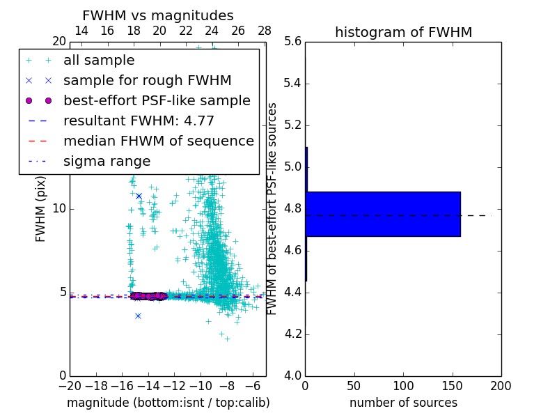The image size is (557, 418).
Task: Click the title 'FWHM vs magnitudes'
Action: (157, 15)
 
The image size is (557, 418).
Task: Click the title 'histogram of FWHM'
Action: (403, 32)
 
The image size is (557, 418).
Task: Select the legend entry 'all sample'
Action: (99, 61)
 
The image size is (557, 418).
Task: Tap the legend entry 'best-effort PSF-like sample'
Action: (157, 100)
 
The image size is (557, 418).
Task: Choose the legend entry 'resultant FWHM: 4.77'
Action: (139, 121)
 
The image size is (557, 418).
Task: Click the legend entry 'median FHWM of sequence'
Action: (158, 141)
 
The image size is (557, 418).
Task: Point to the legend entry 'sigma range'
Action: (107, 161)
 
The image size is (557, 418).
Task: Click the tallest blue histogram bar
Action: (383, 214)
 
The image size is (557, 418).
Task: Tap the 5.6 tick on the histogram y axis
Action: (292, 42)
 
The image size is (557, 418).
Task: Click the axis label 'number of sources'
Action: (403, 403)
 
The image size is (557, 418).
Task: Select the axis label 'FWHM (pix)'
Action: (41, 209)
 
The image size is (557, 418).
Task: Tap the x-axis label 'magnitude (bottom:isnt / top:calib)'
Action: (168, 403)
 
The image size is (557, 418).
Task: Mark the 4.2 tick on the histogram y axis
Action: (292, 334)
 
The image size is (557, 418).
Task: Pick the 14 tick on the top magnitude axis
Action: (81, 31)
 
